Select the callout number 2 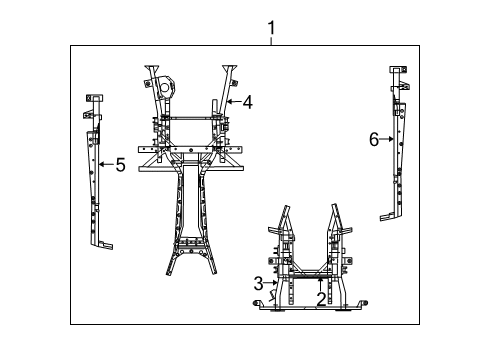[x=321, y=298]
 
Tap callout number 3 [x=258, y=283]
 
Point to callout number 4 [x=247, y=101]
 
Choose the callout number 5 [x=120, y=165]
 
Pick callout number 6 [x=375, y=140]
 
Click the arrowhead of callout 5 [x=101, y=165]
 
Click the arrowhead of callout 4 [x=229, y=101]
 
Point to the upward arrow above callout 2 [x=321, y=280]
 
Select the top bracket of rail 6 [x=395, y=72]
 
